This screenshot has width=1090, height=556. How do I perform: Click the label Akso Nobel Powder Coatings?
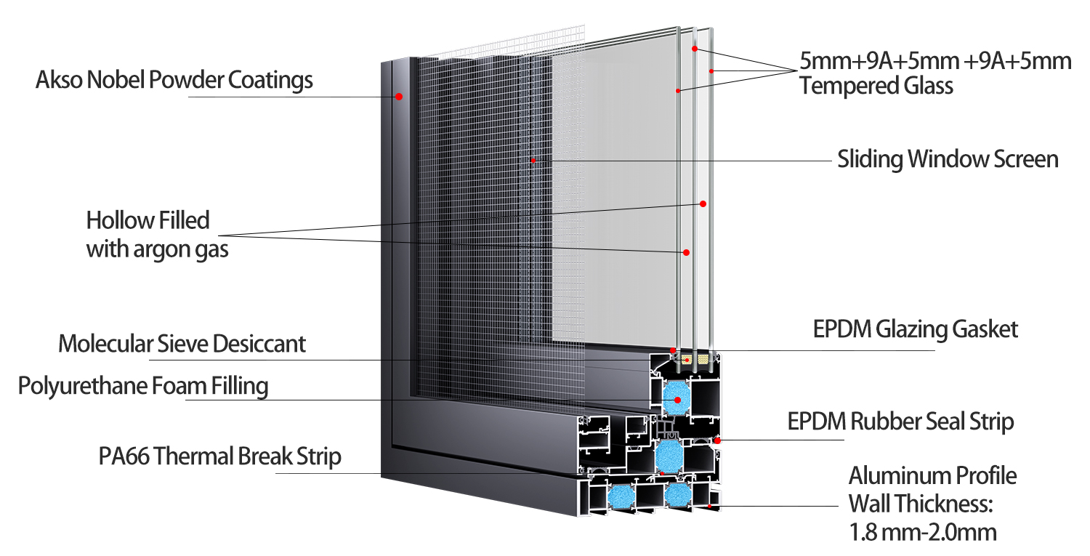(174, 81)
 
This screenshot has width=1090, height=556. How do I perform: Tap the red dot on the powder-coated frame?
(398, 97)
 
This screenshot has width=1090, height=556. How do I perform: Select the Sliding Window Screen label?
(948, 159)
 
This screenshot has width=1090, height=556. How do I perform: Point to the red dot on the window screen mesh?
(533, 160)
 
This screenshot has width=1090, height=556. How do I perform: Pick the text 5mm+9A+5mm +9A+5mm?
(935, 61)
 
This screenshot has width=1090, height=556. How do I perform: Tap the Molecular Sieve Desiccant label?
(182, 344)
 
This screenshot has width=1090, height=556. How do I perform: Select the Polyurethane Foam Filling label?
(143, 387)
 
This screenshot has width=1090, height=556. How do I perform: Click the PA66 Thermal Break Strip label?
(220, 456)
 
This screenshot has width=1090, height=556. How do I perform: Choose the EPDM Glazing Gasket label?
(916, 330)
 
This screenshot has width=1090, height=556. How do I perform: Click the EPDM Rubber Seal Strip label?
(901, 422)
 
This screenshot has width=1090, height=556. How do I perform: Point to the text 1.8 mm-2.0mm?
(923, 532)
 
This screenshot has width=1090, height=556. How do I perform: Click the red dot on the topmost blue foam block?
(677, 400)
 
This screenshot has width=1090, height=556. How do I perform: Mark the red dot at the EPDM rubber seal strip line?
(717, 440)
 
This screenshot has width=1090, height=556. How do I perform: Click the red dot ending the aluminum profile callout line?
(710, 507)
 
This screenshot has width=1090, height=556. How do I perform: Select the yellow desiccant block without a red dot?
(703, 360)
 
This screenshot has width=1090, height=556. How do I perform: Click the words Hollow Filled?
(148, 220)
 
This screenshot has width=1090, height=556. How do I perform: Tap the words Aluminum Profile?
(933, 476)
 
